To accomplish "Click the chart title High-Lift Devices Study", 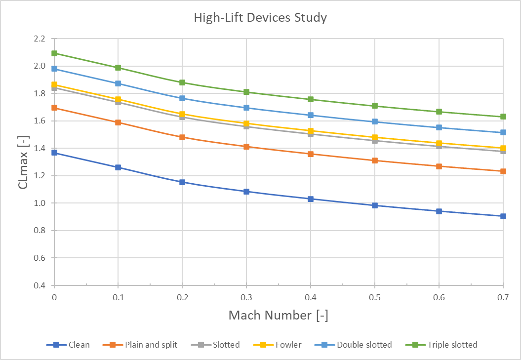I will pyautogui.click(x=260, y=18).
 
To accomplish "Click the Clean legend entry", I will pyautogui.click(x=79, y=345).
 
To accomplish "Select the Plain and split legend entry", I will pyautogui.click(x=151, y=345).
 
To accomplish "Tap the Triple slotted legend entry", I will pyautogui.click(x=452, y=345).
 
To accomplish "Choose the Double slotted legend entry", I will pyautogui.click(x=364, y=345).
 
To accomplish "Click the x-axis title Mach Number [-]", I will pyautogui.click(x=278, y=315).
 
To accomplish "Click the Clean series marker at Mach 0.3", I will pyautogui.click(x=246, y=192).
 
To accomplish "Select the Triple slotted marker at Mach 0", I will pyautogui.click(x=54, y=53).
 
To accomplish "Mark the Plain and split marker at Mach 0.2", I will pyautogui.click(x=182, y=137).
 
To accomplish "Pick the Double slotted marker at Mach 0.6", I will pyautogui.click(x=439, y=127).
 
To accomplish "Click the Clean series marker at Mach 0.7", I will pyautogui.click(x=503, y=216).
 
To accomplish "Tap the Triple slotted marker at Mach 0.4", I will pyautogui.click(x=311, y=99).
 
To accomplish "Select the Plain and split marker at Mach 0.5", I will pyautogui.click(x=375, y=160).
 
